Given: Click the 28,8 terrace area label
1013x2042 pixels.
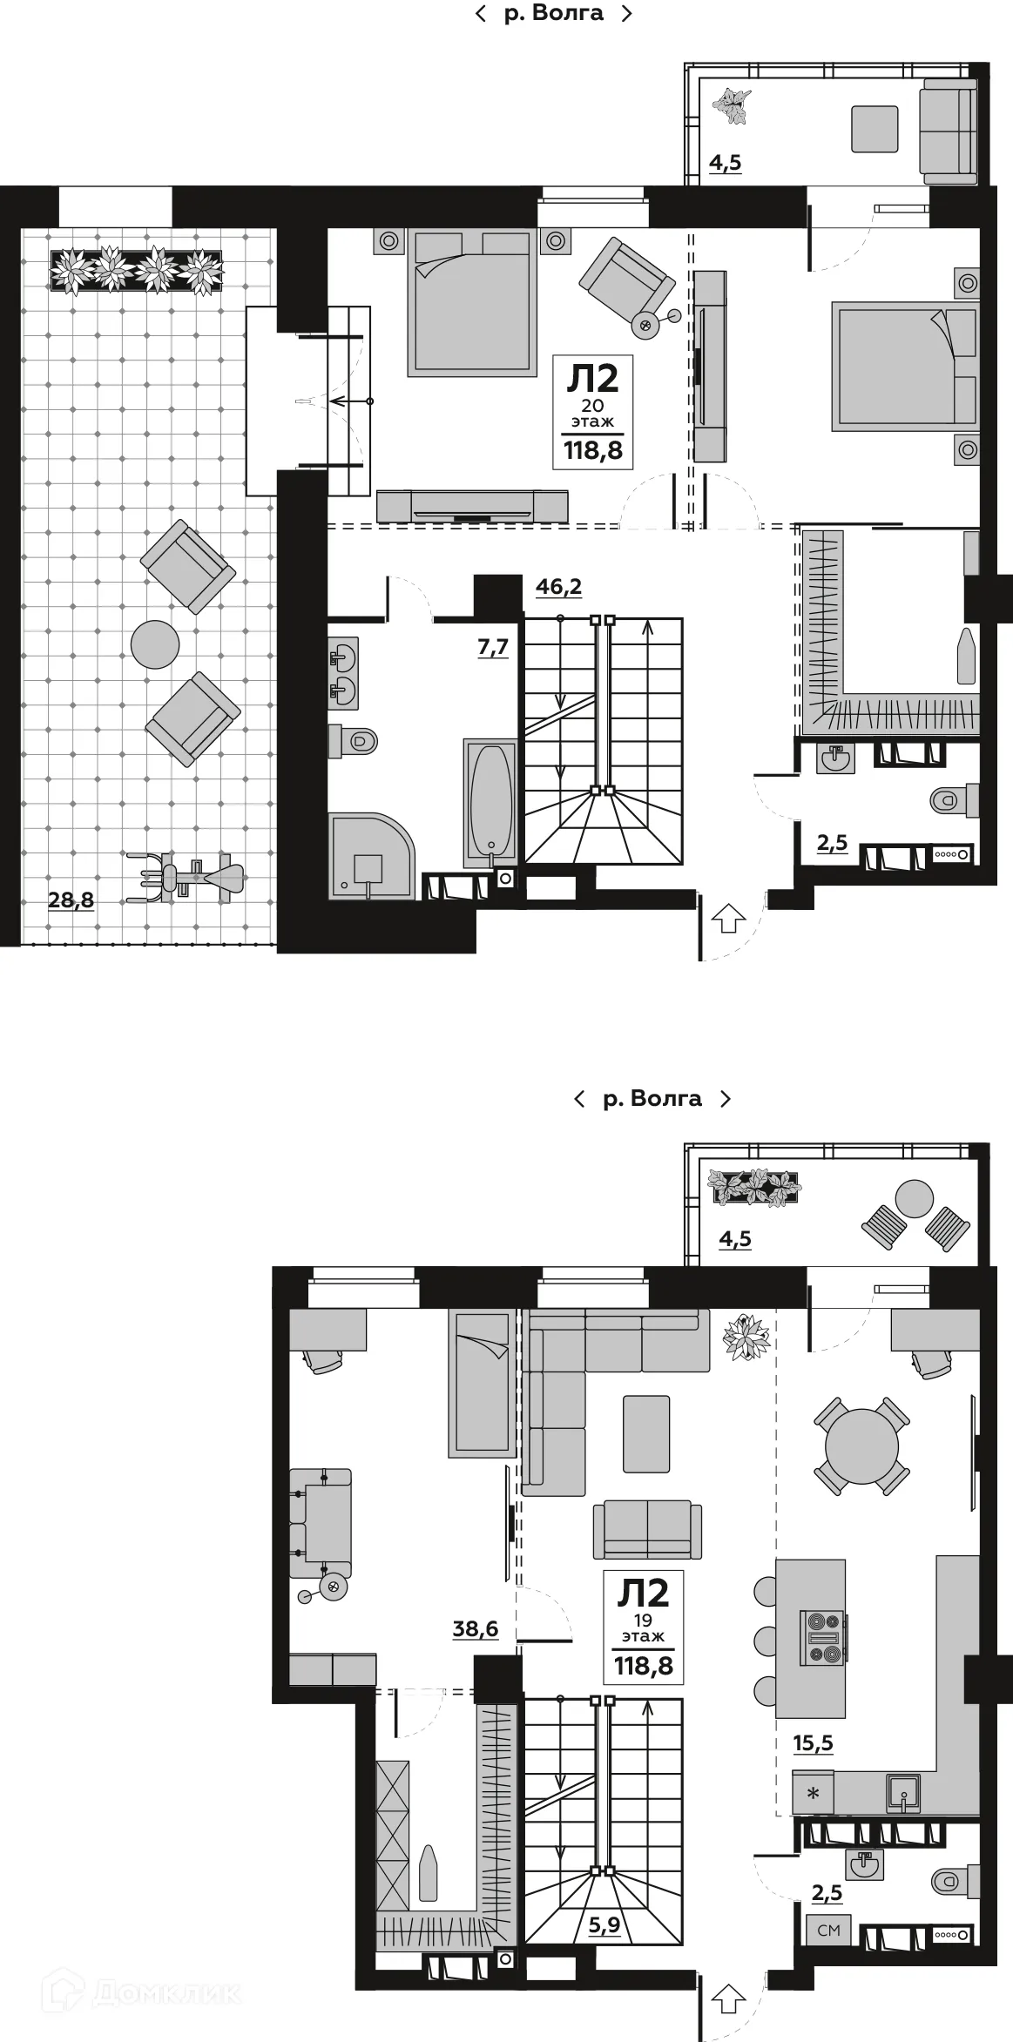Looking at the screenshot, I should coord(71,900).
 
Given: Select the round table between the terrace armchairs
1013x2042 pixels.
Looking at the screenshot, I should coord(155,644).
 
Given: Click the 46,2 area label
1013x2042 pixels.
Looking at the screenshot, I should coord(558,587).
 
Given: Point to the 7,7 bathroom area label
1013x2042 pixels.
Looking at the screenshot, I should coord(493,647).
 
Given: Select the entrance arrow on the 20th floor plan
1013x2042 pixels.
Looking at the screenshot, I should coord(729,918).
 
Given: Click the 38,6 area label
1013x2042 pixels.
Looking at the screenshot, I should coord(475,1628).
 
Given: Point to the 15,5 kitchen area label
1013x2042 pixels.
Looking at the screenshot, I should coord(813,1742).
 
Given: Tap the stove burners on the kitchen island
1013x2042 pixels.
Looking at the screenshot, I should coord(823,1637).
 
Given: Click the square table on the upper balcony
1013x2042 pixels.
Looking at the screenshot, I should coord(874,129).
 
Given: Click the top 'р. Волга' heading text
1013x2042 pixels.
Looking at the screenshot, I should coord(553,13).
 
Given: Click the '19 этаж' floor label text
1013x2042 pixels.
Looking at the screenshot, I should coord(643,1628).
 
